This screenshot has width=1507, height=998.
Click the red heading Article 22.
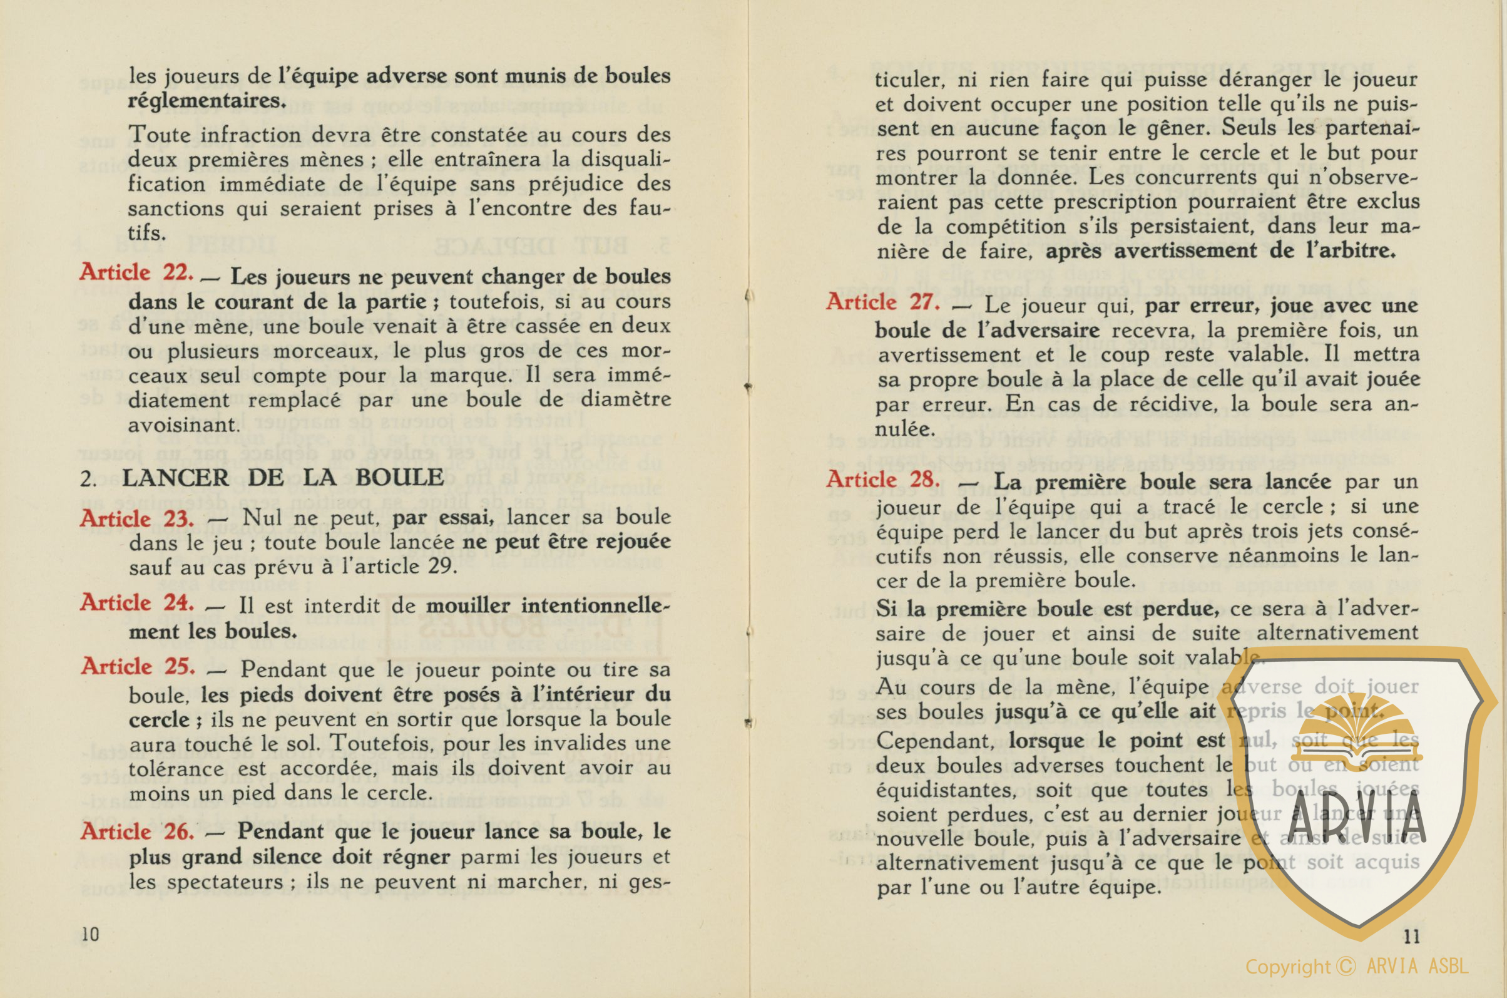(x=136, y=273)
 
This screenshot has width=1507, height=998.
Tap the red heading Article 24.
(x=136, y=603)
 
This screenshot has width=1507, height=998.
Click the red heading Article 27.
(x=882, y=302)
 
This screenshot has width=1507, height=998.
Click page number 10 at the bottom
(x=90, y=934)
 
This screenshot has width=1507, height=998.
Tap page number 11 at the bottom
(x=1411, y=936)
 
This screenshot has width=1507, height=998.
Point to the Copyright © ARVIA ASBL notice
(x=1356, y=967)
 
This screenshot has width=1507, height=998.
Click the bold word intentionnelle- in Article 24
(x=548, y=605)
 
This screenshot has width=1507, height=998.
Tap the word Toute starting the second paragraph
(x=160, y=135)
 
